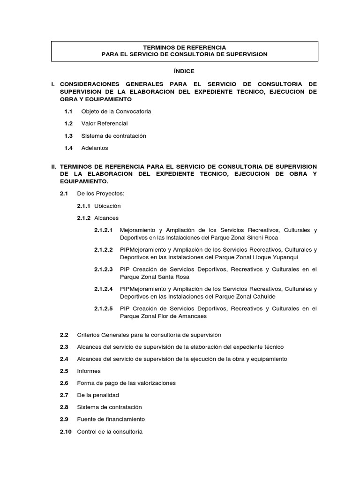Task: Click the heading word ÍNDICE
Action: pos(184,71)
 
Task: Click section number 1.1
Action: pos(68,112)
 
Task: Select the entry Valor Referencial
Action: pos(104,124)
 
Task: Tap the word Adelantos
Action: pos(94,148)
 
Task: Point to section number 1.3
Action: pos(68,136)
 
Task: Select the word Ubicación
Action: pos(107,206)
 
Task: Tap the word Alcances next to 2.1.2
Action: pos(106,218)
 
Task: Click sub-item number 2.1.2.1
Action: pos(103,230)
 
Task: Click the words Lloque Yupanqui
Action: pos(274,257)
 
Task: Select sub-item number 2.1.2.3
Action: pos(103,270)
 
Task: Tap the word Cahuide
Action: pos(263,297)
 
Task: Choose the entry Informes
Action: pos(89,371)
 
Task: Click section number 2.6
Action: pos(64,383)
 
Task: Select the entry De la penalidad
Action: pos(98,395)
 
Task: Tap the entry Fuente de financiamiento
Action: pos(111,420)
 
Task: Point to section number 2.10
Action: pos(66,432)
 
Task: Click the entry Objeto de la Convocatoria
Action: pos(116,112)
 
